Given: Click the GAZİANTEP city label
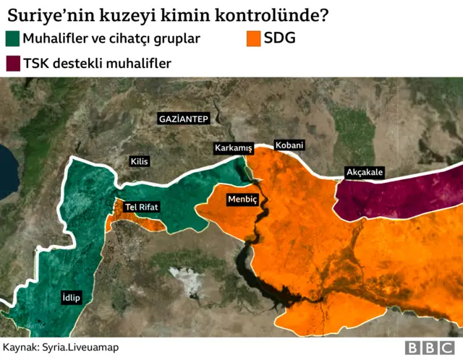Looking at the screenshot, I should point(183,118).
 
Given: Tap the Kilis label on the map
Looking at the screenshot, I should point(139,161).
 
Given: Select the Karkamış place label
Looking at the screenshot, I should point(233,148).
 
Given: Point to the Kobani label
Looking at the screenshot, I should point(289,145).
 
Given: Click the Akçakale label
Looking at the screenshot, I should point(365,172).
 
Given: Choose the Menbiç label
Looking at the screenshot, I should point(242,198).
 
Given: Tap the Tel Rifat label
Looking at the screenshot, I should point(141,207).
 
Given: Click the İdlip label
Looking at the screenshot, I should point(71,298).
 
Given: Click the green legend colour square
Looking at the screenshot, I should point(12,39).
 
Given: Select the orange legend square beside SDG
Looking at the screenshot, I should point(253,39).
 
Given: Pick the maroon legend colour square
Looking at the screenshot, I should point(12,64).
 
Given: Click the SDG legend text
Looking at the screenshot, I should point(280,38).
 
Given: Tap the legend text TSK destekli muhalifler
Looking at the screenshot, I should point(97,64).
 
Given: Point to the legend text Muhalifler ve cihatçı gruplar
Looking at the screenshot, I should point(111,39).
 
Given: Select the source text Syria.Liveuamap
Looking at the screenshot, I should point(79,348).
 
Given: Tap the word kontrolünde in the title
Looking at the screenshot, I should point(279,14).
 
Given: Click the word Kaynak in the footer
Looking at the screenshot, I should point(21,348).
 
